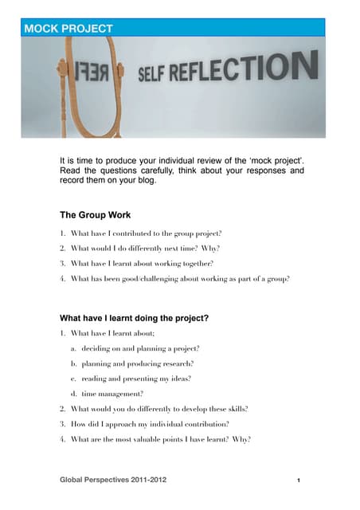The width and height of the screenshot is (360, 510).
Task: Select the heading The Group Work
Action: click(96, 215)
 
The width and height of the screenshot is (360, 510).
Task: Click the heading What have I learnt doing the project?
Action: click(135, 318)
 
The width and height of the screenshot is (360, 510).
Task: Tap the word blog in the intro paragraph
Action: click(147, 180)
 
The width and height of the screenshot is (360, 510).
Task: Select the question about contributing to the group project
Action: click(146, 233)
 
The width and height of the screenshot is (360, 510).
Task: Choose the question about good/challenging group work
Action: click(180, 279)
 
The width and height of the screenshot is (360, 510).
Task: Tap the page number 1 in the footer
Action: click(297, 481)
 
